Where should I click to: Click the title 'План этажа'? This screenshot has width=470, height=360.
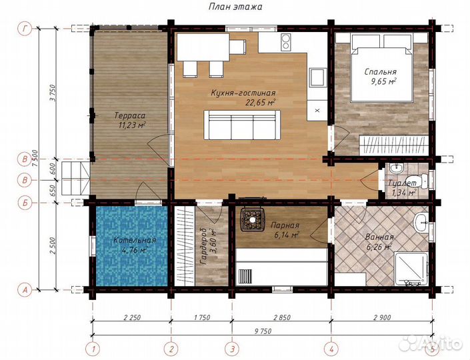(x=235, y=7)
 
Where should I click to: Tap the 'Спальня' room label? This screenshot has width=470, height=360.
(x=381, y=72)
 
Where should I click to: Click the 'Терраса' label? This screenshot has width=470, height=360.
(x=130, y=115)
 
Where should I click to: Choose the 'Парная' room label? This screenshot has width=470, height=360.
(x=285, y=225)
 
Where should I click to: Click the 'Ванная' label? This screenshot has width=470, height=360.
(x=379, y=237)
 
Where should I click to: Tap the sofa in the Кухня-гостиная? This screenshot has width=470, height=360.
(x=242, y=125)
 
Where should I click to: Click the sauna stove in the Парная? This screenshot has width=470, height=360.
(x=253, y=219)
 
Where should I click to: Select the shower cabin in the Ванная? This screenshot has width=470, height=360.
(x=411, y=269)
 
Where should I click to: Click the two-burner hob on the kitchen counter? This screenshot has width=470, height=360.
(x=285, y=42)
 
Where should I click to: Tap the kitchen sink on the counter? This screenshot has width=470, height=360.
(x=317, y=77)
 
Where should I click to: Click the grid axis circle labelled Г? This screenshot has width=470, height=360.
(x=25, y=29)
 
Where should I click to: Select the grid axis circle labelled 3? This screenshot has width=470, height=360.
(x=232, y=349)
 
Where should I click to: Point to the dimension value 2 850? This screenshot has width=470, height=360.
(x=281, y=317)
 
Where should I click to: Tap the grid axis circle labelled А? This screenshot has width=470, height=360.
(x=25, y=290)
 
